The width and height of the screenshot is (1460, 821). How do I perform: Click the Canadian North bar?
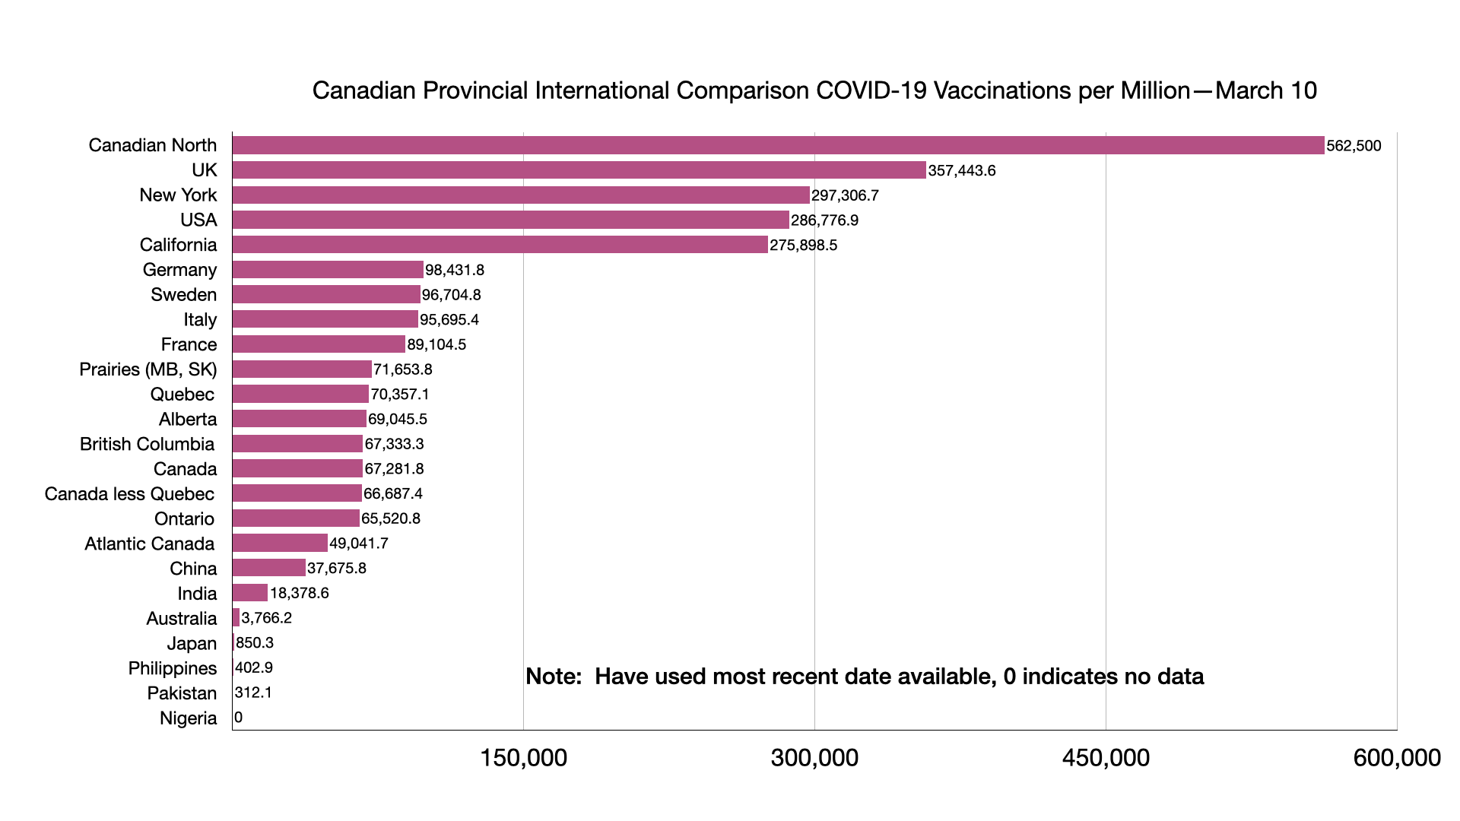tap(778, 145)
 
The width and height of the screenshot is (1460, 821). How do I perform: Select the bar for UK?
tap(579, 170)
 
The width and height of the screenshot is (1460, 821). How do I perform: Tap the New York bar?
tap(521, 195)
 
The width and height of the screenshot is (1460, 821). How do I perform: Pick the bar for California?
tap(500, 245)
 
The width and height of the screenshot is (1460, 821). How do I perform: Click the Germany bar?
tap(328, 270)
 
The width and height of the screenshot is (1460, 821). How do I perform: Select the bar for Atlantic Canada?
tap(280, 543)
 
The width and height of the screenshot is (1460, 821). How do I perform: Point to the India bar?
tap(250, 593)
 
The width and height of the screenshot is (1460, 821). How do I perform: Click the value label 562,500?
tap(1354, 146)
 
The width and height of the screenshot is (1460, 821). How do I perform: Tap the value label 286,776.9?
tap(824, 220)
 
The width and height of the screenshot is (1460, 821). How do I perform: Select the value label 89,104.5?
tap(436, 344)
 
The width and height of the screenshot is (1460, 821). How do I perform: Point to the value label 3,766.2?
tap(266, 618)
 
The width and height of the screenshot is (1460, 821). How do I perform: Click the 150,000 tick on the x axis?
tap(523, 758)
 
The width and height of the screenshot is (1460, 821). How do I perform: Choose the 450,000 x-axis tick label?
tap(1106, 758)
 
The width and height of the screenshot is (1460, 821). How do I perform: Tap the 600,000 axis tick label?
tap(1396, 758)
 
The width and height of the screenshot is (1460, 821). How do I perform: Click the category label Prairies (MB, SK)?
tap(148, 369)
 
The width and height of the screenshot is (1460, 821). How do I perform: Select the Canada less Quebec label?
tap(129, 494)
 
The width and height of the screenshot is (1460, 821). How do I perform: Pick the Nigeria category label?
tap(188, 718)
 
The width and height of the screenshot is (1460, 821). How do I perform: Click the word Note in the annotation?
tap(553, 677)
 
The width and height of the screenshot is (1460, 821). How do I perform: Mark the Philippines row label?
tap(173, 668)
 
